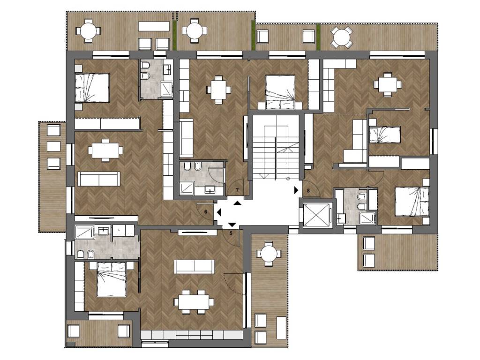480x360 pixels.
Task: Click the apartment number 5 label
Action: pyautogui.click(x=231, y=233)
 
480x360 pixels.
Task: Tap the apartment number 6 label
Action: pyautogui.click(x=206, y=212)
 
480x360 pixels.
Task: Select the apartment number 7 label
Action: pyautogui.click(x=237, y=190)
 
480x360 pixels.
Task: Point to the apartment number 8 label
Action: pyautogui.click(x=308, y=190)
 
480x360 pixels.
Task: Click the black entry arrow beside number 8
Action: pyautogui.click(x=296, y=190)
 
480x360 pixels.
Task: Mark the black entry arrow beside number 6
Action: pyautogui.click(x=219, y=212)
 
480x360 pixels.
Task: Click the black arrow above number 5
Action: pyautogui.click(x=232, y=225)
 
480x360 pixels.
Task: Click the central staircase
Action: pyautogui.click(x=276, y=147)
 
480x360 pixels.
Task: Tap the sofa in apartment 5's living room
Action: pyautogui.click(x=194, y=266)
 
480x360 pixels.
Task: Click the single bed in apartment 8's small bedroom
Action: pyautogui.click(x=385, y=135)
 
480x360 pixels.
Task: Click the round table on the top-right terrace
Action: pyautogui.click(x=341, y=37)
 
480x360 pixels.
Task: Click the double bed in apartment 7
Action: pyautogui.click(x=280, y=92)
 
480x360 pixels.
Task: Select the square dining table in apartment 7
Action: pyautogui.click(x=218, y=90)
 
